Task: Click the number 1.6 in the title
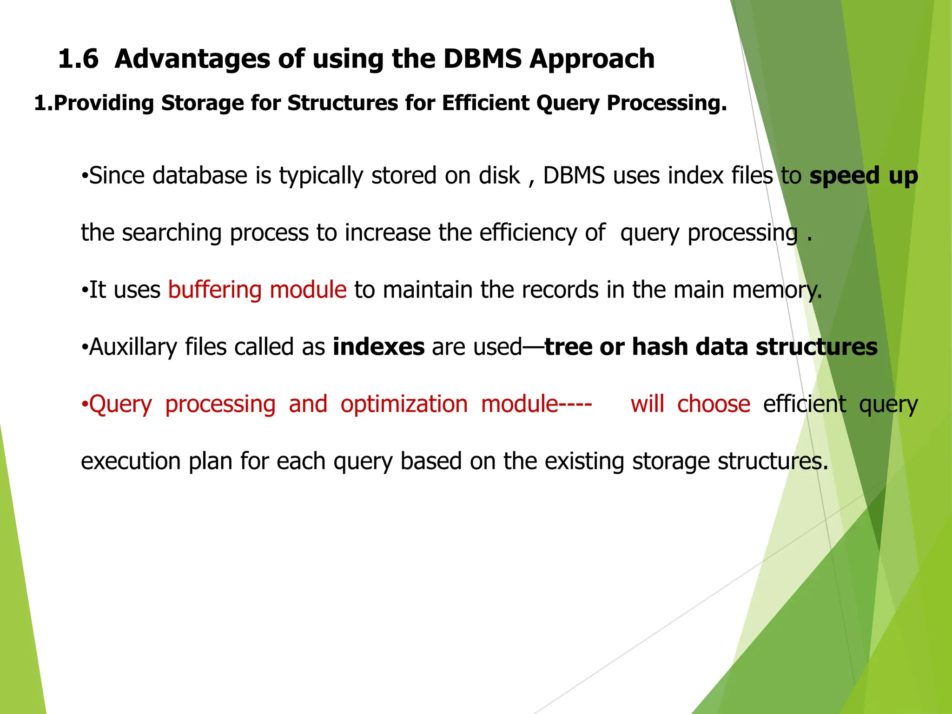(78, 59)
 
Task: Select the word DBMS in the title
(482, 59)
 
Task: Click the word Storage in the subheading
(202, 103)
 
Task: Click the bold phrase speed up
(863, 176)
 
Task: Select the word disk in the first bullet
(500, 176)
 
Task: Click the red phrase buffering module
(257, 290)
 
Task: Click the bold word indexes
(378, 347)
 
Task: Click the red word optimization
(403, 404)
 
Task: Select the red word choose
(714, 404)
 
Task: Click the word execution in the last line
(131, 462)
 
